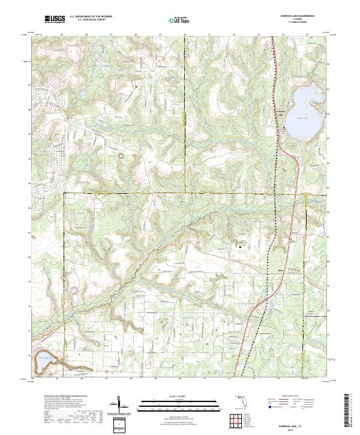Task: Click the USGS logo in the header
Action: pos(55,19)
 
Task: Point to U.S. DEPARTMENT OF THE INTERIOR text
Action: pos(91,17)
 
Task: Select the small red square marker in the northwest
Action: pos(136,87)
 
